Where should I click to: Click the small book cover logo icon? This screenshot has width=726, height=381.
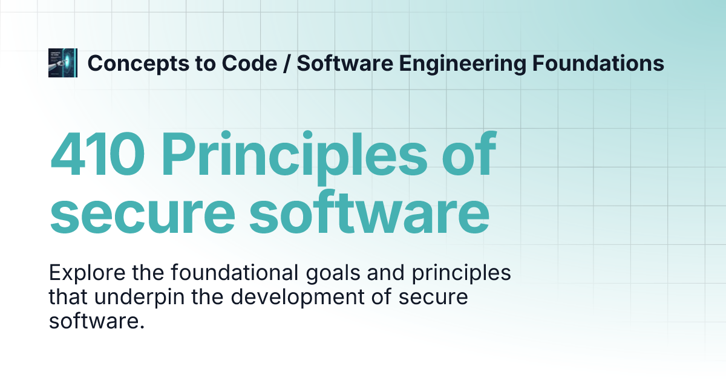coord(63,63)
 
